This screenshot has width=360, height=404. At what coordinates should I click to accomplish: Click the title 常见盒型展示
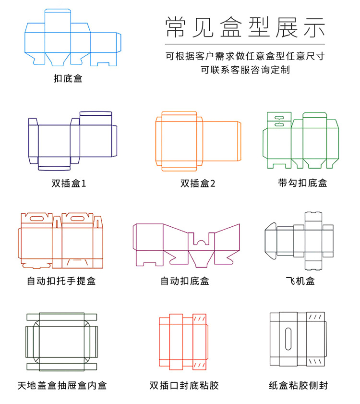[x=245, y=27]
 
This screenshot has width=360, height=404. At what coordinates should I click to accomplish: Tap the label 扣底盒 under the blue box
[x=68, y=78]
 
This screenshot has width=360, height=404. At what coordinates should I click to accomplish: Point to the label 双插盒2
[x=198, y=183]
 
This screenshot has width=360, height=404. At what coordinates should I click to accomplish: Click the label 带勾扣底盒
[x=302, y=183]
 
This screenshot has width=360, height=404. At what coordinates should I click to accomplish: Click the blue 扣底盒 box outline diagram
[x=72, y=38]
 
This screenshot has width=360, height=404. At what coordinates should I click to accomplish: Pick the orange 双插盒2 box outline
[x=198, y=141]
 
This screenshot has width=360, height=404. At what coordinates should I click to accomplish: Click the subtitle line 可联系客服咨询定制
[x=245, y=70]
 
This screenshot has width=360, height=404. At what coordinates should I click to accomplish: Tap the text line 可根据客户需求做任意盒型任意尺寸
[x=245, y=56]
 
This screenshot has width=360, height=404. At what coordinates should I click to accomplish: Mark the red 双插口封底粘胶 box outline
[x=183, y=342]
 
